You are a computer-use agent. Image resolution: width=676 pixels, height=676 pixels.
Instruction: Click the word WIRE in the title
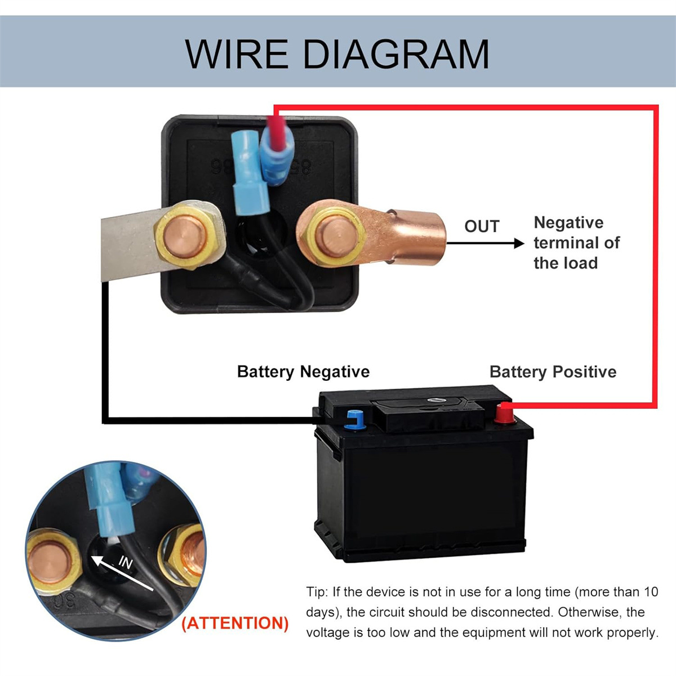click(237, 54)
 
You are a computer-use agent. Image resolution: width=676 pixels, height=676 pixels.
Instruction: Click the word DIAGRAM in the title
click(396, 54)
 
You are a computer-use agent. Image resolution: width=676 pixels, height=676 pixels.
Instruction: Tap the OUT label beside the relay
click(482, 226)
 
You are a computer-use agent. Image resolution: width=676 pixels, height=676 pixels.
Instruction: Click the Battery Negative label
click(303, 372)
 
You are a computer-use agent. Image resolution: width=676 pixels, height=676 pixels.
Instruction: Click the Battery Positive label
click(553, 372)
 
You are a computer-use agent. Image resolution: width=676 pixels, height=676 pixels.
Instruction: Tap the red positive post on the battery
click(503, 415)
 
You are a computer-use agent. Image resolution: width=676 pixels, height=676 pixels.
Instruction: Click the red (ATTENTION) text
click(235, 623)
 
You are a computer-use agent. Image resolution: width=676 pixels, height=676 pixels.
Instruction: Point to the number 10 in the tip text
click(650, 592)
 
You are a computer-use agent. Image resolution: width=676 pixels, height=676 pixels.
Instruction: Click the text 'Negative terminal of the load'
click(576, 243)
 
